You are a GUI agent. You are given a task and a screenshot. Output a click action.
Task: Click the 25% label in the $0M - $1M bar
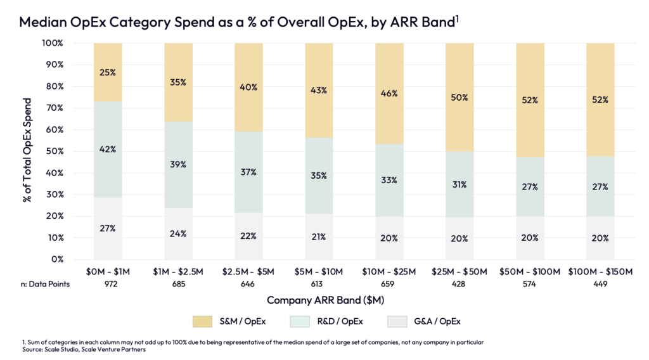(108, 72)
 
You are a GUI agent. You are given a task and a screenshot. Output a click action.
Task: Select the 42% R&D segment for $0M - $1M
(108, 150)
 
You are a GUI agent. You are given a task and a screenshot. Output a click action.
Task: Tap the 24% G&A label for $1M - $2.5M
(178, 233)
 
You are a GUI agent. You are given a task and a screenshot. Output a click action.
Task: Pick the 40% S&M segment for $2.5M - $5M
(248, 87)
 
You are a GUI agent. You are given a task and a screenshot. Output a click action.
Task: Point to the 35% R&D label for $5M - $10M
(319, 176)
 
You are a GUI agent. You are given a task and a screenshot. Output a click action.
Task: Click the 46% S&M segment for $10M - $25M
(389, 93)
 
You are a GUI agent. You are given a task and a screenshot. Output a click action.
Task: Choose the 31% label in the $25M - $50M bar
(459, 184)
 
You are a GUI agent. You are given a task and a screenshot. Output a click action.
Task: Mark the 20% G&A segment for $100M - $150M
(600, 238)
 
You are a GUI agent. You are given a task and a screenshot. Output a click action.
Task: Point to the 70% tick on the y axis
(54, 108)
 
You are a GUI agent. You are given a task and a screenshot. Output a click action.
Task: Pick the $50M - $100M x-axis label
(530, 272)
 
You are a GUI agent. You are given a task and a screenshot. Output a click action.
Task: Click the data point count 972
(108, 285)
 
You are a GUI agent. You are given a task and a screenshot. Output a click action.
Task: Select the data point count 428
(459, 285)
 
